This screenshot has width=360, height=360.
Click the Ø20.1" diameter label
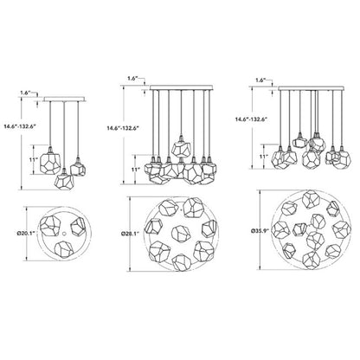[26, 233]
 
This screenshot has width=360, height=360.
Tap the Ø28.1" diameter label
[131, 233]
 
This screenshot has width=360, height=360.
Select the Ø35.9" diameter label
[260, 230]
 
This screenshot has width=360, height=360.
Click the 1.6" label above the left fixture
[25, 93]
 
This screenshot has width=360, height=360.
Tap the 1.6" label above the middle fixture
[132, 78]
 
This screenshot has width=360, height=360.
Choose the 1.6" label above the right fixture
[260, 80]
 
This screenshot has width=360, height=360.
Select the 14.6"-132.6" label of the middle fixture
[123, 128]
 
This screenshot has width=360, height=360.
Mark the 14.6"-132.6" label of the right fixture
[251, 119]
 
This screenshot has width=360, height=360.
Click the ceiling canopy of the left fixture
[65, 100]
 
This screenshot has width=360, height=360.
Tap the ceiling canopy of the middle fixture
[181, 87]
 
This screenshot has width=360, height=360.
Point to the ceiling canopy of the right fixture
[312, 87]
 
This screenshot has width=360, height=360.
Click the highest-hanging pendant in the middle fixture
[181, 146]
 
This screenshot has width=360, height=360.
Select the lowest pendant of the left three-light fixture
[64, 181]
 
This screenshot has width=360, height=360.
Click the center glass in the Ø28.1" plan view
[181, 233]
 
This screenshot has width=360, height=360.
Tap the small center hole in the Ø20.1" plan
[64, 233]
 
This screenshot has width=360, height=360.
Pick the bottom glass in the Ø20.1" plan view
[64, 249]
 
